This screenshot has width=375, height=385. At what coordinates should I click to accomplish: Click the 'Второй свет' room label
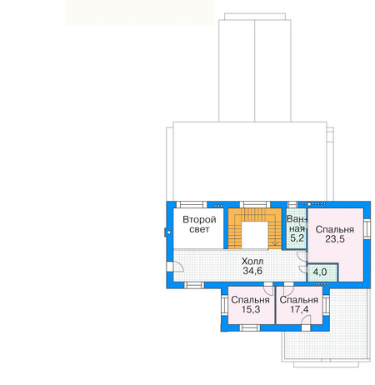click(199, 224)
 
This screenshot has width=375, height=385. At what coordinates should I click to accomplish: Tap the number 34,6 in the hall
click(252, 271)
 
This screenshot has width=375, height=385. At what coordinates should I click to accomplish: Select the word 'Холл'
click(252, 262)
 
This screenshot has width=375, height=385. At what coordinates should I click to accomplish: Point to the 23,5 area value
click(335, 239)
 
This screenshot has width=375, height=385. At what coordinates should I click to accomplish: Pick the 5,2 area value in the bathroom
click(297, 238)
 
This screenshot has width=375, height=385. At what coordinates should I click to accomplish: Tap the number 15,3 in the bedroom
click(250, 309)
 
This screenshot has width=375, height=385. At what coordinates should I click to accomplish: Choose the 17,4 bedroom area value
click(299, 309)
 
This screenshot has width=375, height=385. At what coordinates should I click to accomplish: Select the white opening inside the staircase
click(255, 235)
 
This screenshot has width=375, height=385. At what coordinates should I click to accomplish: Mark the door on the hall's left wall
click(175, 267)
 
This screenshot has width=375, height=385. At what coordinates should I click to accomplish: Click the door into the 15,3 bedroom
click(268, 288)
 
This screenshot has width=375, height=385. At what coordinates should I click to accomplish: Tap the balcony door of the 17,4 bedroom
click(306, 324)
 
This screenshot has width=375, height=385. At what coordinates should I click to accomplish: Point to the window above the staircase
click(255, 205)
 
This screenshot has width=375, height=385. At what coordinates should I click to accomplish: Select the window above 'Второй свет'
click(192, 205)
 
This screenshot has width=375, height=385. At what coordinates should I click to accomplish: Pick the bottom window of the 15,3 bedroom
click(250, 327)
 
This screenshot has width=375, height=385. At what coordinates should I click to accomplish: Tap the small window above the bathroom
click(292, 205)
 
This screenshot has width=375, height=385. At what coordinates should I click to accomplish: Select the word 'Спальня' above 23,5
click(335, 229)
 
